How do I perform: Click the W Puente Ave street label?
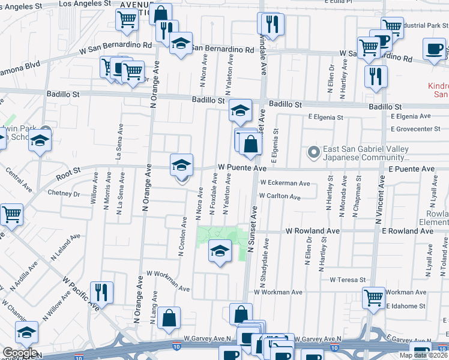pyautogui.click(x=241, y=169)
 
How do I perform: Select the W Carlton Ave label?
pyautogui.click(x=280, y=196)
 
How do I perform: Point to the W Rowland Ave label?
pyautogui.click(x=313, y=230)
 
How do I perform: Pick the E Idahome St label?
pyautogui.click(x=406, y=305)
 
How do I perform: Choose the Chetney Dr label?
pyautogui.click(x=64, y=194)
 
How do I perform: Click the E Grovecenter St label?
pyautogui.click(x=415, y=129)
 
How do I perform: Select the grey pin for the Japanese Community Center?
pyautogui.click(x=313, y=152)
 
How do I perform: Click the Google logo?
pyautogui.click(x=19, y=353)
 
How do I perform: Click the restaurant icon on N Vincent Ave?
pyautogui.click(x=376, y=76)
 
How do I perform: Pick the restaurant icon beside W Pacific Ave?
pyautogui.click(x=101, y=292)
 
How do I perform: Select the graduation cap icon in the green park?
pyautogui.click(x=220, y=250)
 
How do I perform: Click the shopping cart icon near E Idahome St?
pyautogui.click(x=373, y=297)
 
